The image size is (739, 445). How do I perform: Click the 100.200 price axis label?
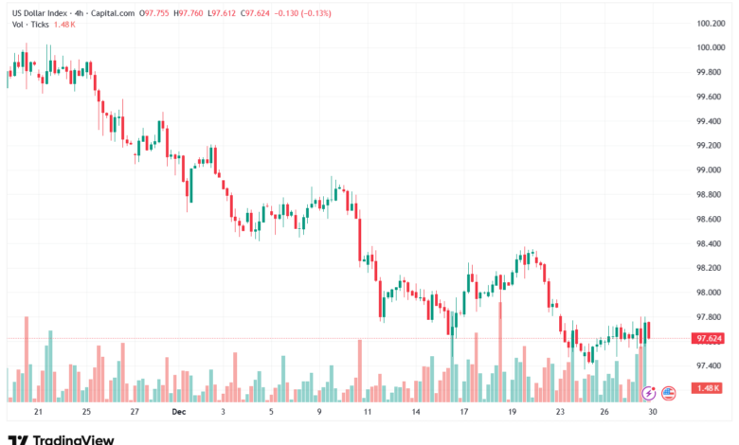(711, 24)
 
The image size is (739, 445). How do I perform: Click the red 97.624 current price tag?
(710, 338)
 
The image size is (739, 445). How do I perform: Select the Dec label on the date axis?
(178, 412)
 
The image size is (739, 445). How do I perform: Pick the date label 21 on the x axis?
(39, 412)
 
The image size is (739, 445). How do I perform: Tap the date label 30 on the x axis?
(652, 412)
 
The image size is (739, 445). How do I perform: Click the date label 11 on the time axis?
(367, 412)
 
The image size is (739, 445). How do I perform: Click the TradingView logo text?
(73, 438)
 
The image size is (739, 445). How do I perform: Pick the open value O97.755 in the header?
(155, 13)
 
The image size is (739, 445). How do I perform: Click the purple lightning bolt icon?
(649, 392)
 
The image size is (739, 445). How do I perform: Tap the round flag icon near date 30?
(668, 392)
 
